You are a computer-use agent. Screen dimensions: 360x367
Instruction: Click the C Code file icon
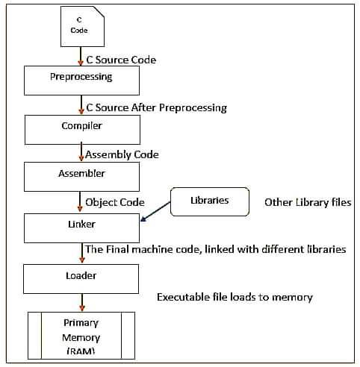point(82,26)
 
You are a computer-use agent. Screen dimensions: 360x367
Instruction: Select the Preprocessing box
point(81,81)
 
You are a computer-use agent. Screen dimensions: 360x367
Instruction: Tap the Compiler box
point(82,130)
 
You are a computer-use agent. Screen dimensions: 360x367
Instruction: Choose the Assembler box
point(81,177)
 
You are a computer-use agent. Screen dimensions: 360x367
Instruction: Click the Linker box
point(81,228)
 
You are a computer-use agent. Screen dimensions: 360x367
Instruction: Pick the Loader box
point(81,279)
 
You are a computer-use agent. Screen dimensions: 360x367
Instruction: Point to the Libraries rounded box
point(210,201)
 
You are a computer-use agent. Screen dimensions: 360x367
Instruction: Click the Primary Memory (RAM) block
point(81,336)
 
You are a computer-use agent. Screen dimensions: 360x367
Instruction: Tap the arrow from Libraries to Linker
point(155,211)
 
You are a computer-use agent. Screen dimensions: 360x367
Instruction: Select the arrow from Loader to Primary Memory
point(82,302)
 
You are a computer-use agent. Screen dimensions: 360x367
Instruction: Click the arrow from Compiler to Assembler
point(81,151)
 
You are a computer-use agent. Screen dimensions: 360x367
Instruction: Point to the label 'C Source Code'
point(121,60)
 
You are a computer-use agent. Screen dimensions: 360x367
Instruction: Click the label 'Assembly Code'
point(122,154)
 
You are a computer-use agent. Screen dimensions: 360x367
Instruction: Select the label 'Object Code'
point(115,202)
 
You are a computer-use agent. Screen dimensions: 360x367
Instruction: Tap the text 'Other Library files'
point(308,202)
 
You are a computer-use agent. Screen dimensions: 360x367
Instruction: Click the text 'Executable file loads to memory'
point(235,298)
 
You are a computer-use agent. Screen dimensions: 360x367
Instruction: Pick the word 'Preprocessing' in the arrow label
point(193,108)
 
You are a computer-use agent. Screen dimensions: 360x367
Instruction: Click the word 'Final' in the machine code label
point(117,249)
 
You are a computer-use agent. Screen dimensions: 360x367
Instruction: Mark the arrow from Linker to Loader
point(82,253)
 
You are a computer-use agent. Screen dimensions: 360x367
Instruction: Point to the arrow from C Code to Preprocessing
point(80,56)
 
